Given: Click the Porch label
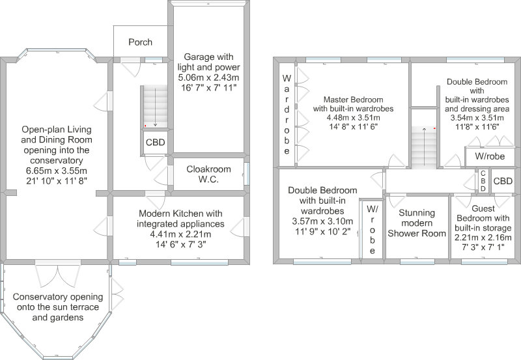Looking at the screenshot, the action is [x=140, y=42].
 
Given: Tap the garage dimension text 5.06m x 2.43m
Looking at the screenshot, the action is [x=208, y=77].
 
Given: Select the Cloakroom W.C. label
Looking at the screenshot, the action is [x=208, y=174].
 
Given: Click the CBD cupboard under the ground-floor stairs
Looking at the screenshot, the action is [x=155, y=143].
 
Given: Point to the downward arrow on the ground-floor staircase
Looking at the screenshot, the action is [x=155, y=107].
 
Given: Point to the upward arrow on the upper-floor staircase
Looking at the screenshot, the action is [x=424, y=146].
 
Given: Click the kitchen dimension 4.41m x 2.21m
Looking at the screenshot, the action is [x=180, y=234].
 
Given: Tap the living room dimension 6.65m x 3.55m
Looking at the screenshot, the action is [x=57, y=171].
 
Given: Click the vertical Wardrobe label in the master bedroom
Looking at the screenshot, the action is [x=287, y=115].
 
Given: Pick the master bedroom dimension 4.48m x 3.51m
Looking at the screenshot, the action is [x=353, y=118].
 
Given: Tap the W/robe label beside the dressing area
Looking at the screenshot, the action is [x=490, y=156].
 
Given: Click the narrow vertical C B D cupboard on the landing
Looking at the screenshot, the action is [x=483, y=181].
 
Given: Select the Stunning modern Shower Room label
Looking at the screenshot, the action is [x=417, y=223].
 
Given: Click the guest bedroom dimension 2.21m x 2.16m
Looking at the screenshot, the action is [x=483, y=238].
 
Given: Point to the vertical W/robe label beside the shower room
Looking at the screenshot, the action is [x=372, y=229].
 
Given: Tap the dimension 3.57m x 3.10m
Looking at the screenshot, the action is [x=322, y=221].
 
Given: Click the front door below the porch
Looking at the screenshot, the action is [x=132, y=67].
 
